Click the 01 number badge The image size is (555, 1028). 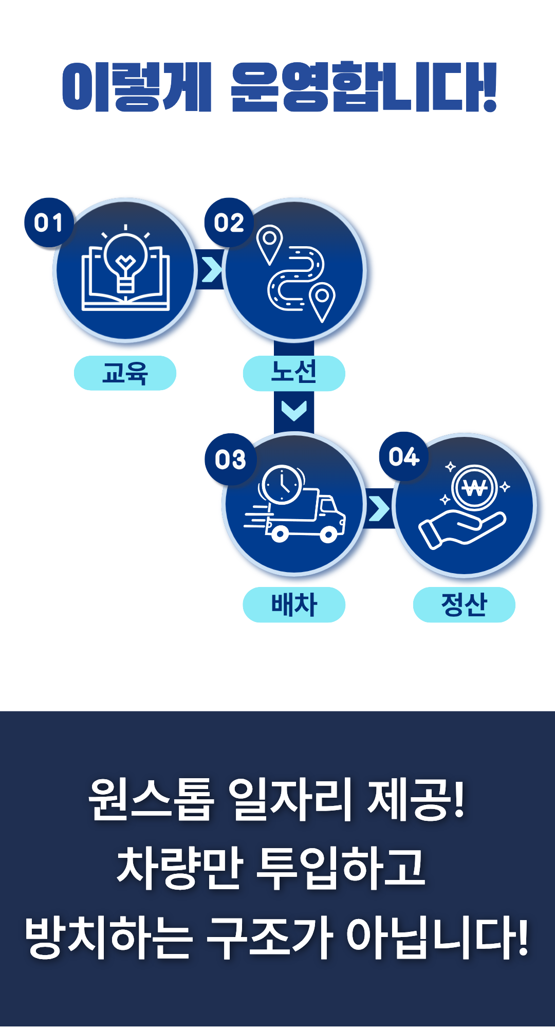[x=49, y=223]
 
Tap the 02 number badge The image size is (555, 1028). [x=229, y=223]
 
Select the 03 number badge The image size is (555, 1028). [x=230, y=459]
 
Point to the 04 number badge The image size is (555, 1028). [x=404, y=456]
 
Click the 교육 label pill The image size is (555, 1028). [x=125, y=373]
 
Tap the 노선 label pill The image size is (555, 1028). [x=294, y=373]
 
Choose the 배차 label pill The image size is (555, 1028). [x=294, y=604]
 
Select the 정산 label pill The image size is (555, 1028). [x=464, y=604]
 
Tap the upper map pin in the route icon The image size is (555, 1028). [x=269, y=243]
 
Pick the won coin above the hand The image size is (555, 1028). [x=474, y=487]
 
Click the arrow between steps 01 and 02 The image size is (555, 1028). [x=211, y=270]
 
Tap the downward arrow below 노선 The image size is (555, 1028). [x=294, y=410]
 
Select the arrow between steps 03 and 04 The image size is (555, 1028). [x=379, y=508]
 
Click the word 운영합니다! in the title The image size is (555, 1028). [x=364, y=87]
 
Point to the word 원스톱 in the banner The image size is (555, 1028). [x=150, y=799]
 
